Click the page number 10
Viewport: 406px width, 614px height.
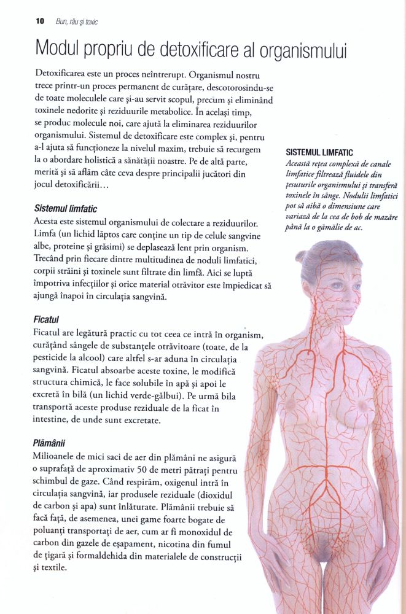click(40, 21)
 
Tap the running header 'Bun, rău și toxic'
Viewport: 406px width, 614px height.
click(77, 21)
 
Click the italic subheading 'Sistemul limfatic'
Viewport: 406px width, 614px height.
click(65, 209)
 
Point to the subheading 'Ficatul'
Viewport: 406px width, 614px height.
click(46, 320)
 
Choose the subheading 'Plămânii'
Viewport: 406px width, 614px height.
click(50, 443)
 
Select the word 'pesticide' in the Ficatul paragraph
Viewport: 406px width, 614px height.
click(55, 359)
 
